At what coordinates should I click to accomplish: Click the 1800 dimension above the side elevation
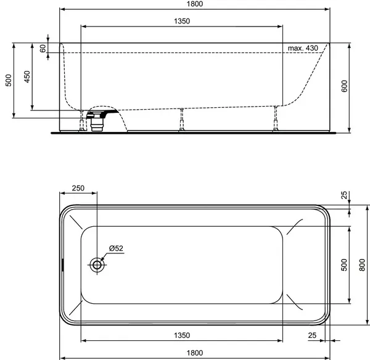[194, 4]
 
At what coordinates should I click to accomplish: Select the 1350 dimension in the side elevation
[181, 21]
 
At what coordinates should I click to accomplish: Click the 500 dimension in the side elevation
[8, 80]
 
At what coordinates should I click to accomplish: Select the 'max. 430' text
[302, 48]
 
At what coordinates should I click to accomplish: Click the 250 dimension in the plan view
[78, 189]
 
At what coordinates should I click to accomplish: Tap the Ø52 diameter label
[116, 248]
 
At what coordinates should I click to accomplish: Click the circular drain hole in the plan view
[97, 265]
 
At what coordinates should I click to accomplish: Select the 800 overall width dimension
[363, 264]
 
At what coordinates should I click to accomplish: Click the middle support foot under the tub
[182, 120]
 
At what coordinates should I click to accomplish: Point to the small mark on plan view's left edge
[62, 265]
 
